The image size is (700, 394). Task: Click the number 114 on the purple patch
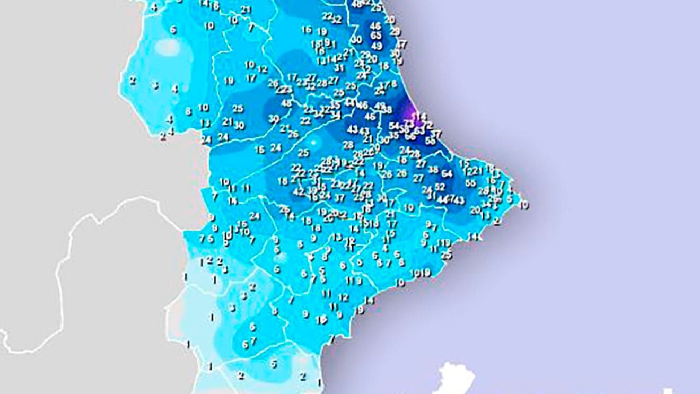[419, 116]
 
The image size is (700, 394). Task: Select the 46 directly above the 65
[375, 25]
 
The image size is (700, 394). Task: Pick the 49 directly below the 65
[377, 46]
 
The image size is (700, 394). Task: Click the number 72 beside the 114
[427, 125]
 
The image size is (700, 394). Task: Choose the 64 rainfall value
[447, 173]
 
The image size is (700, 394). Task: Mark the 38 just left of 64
[433, 170]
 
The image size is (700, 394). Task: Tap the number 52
[440, 187]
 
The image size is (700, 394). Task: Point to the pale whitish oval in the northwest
[169, 47]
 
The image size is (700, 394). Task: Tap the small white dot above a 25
[313, 142]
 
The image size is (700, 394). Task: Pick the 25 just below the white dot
[303, 153]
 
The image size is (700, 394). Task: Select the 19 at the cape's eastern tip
[524, 205]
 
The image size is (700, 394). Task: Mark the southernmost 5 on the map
[274, 364]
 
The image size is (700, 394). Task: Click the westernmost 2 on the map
[133, 81]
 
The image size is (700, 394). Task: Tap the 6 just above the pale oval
[172, 30]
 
